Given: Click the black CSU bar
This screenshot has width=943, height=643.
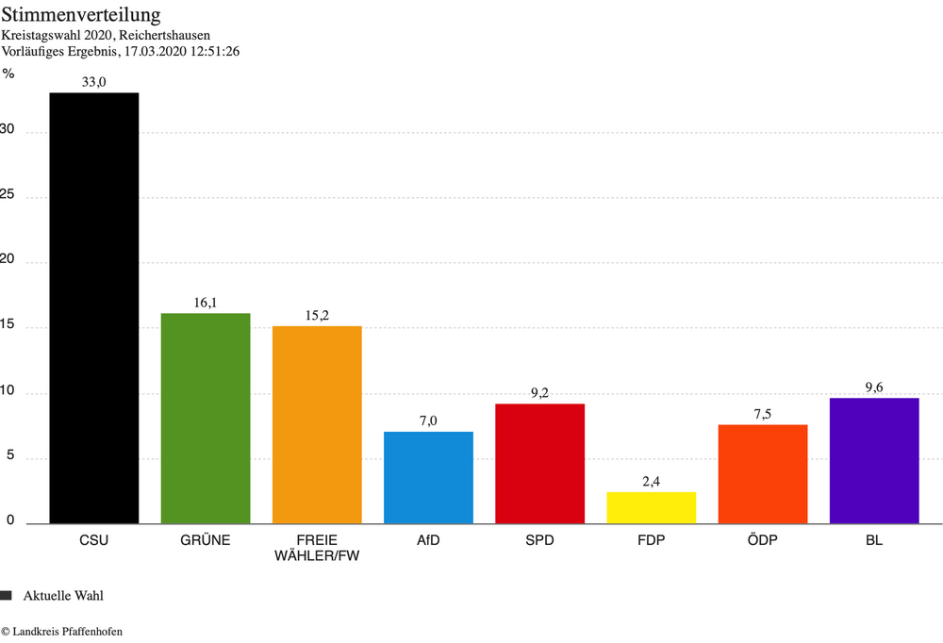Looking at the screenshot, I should point(94,308).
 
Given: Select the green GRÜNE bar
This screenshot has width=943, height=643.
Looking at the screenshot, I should point(206,419).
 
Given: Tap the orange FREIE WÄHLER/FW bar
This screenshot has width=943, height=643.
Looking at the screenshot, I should point(317,424).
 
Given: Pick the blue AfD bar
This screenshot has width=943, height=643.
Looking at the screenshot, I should point(428,478).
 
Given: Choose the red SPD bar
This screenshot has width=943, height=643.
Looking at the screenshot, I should point(539,464).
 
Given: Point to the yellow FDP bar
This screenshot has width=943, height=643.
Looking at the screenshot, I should point(652,508).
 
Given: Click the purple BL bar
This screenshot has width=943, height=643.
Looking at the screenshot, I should point(874,461).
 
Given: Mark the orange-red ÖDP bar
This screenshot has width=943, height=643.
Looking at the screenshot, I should point(763,474).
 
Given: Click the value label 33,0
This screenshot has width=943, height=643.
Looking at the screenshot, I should point(94,82).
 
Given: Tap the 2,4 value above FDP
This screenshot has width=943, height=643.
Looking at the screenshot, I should point(652,482).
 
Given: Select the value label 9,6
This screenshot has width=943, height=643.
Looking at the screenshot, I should point(874,387).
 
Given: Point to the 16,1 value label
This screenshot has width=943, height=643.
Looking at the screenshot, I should point(206,303).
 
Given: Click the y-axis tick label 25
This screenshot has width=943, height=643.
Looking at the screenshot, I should point(8,197).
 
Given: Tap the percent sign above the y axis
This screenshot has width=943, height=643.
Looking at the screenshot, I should point(8,74).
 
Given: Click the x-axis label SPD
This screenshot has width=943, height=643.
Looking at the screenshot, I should point(539,540).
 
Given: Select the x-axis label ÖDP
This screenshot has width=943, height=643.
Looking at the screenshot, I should point(763,540).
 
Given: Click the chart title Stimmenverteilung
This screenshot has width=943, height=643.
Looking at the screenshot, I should point(80,16).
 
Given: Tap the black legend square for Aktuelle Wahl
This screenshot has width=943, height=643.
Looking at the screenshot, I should point(7,595).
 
